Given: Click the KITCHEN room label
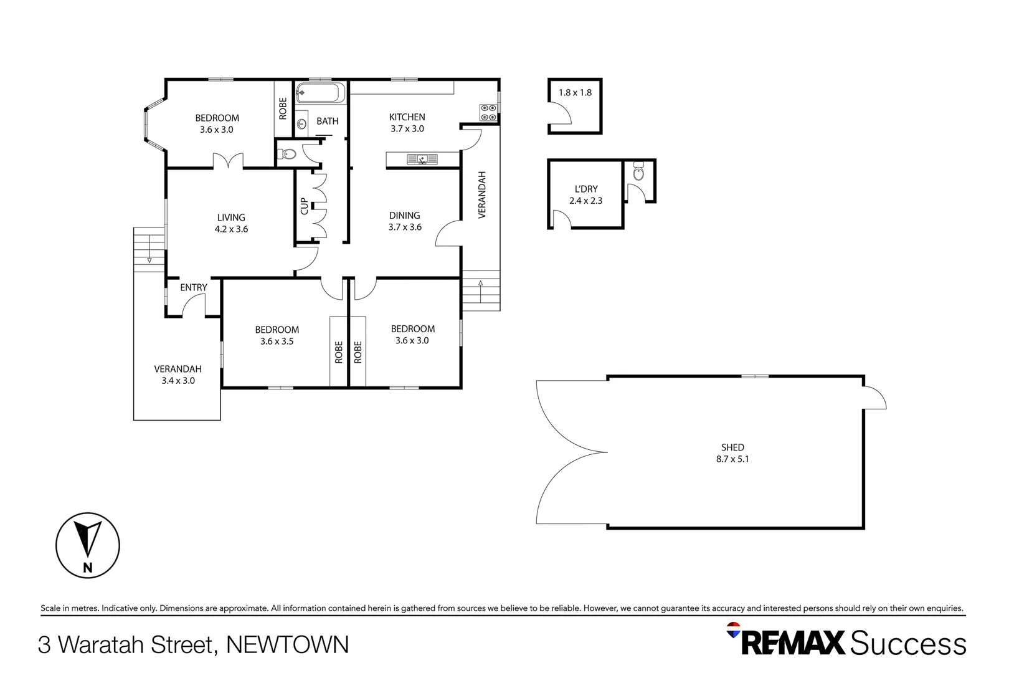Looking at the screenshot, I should tap(407, 117).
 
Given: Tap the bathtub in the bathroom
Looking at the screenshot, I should tap(320, 93).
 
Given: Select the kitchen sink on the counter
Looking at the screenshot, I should tap(422, 160).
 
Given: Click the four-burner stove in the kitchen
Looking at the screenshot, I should tap(488, 112).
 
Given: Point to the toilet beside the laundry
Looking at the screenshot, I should tap(638, 172).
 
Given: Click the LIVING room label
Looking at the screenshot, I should tap(230, 217).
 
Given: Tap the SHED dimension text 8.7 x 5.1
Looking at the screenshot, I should tap(732, 459).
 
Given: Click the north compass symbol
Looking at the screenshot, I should tap(88, 545).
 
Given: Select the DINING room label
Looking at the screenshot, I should tap(404, 216).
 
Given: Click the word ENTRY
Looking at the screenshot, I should tap(194, 288).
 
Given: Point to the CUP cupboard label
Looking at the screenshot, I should tap(304, 206).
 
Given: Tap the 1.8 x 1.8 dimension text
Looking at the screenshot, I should tap(575, 93).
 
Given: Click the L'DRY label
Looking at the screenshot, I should tap(585, 189).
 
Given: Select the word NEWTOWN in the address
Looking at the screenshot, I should tap(287, 645).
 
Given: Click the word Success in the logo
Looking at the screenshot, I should tap(908, 644).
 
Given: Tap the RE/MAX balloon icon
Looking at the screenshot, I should tap(734, 629).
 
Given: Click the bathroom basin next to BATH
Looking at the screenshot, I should tap(301, 123).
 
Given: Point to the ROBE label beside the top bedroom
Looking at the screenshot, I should tap(283, 109).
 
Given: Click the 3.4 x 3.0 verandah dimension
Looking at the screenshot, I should tap(178, 381).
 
